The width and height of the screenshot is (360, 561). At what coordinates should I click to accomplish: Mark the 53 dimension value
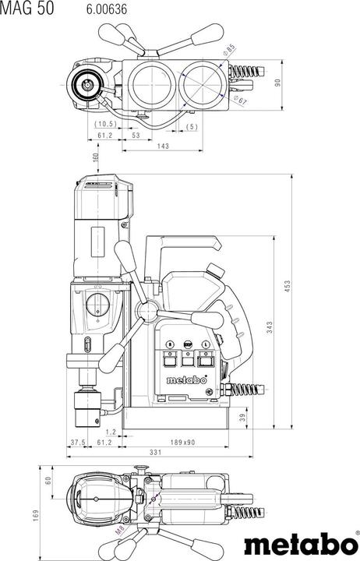(x=136, y=135)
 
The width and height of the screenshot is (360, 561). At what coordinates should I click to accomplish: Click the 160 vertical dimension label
(x=95, y=159)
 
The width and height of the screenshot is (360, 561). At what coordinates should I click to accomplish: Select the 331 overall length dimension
(x=155, y=453)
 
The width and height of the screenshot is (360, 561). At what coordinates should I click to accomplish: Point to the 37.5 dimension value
(x=77, y=442)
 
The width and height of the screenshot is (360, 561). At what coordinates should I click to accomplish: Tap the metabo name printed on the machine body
(x=188, y=380)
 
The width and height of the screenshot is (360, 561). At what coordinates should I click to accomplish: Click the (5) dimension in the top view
(x=192, y=125)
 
